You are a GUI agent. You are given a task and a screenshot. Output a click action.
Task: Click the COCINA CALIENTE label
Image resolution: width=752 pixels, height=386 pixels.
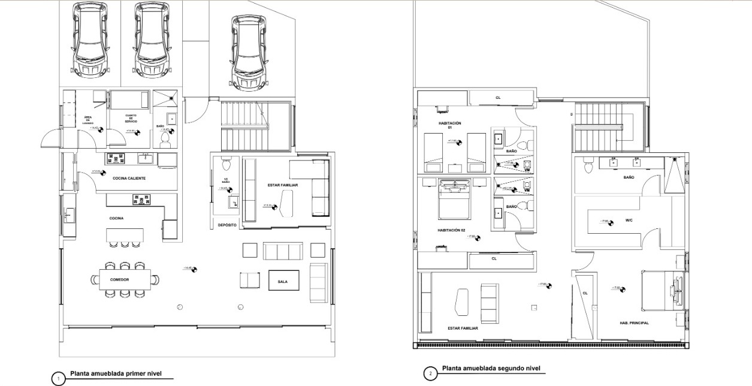click(x=129, y=178)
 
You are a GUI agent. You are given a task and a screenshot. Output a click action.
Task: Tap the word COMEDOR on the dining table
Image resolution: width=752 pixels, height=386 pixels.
click(x=120, y=279)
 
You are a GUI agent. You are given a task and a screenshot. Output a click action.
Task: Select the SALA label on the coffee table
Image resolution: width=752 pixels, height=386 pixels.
click(x=282, y=281)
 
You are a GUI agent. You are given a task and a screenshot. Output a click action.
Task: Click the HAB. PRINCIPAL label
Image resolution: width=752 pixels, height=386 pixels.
click(x=634, y=322)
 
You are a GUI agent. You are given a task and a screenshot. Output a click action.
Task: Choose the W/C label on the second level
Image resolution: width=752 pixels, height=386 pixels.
click(x=629, y=220)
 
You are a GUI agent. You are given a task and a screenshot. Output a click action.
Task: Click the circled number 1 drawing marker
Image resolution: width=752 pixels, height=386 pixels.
click(x=58, y=379)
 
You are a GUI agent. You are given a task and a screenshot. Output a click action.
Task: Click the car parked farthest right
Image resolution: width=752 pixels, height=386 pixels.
click(x=249, y=51)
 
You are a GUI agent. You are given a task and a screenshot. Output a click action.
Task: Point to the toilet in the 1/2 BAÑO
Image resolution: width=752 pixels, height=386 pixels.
click(x=226, y=164)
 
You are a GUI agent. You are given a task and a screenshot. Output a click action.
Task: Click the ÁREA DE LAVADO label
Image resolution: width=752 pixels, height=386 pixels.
click(x=87, y=120)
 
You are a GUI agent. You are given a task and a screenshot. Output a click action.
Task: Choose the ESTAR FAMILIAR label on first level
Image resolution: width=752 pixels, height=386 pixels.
click(x=283, y=185)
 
